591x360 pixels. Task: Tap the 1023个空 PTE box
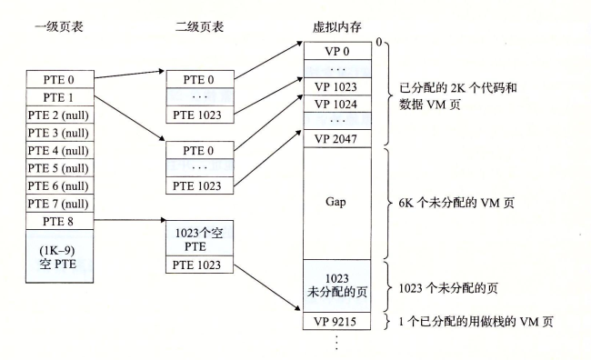(198, 238)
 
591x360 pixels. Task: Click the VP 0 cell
(336, 51)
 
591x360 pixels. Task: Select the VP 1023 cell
(336, 86)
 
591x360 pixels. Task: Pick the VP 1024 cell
(336, 104)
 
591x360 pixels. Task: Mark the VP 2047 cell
(336, 139)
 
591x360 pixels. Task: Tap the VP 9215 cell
(336, 321)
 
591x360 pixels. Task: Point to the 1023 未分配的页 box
(336, 285)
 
